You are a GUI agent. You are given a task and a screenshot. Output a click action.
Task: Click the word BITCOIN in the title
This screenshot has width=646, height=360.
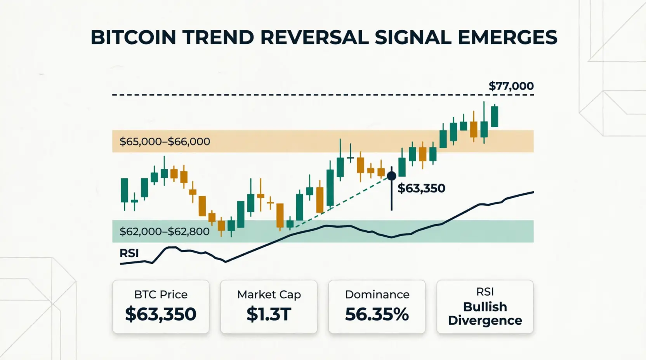pyautogui.click(x=133, y=37)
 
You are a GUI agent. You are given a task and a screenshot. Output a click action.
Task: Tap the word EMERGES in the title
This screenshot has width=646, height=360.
pyautogui.click(x=507, y=37)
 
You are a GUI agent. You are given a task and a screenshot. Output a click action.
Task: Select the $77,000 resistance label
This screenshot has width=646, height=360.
pyautogui.click(x=511, y=86)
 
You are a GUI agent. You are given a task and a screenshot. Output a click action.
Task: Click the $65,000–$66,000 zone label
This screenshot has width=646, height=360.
pyautogui.click(x=165, y=142)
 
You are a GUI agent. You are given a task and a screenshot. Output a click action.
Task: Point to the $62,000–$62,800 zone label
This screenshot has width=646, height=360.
pyautogui.click(x=164, y=232)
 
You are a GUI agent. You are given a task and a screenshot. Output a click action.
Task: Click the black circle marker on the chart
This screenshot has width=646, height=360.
pyautogui.click(x=391, y=175)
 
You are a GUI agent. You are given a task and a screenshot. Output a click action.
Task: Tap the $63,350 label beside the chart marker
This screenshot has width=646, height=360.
pyautogui.click(x=421, y=188)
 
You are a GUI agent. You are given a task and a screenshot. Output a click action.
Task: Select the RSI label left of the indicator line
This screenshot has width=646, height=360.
pyautogui.click(x=129, y=253)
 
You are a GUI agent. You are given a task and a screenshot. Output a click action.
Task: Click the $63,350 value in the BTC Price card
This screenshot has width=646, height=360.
pyautogui.click(x=161, y=314)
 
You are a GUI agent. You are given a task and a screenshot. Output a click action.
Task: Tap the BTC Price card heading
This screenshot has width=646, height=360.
pyautogui.click(x=161, y=294)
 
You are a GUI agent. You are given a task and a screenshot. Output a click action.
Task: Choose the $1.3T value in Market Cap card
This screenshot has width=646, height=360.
pyautogui.click(x=269, y=314)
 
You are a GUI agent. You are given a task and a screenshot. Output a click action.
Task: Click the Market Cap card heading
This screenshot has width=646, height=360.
pyautogui.click(x=269, y=294)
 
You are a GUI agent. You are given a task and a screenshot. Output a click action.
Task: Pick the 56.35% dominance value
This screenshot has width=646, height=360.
pyautogui.click(x=377, y=314)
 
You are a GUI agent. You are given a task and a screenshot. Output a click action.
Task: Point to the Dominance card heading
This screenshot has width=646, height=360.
pyautogui.click(x=377, y=294)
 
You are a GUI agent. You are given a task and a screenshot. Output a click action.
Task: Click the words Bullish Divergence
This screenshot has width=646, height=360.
pyautogui.click(x=485, y=313)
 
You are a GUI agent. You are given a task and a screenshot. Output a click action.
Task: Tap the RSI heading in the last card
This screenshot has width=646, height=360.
pyautogui.click(x=485, y=292)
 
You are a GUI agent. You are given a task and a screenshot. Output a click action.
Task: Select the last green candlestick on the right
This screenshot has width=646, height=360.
pyautogui.click(x=495, y=116)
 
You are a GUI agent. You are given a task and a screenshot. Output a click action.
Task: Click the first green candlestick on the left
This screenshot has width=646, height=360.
pyautogui.click(x=124, y=190)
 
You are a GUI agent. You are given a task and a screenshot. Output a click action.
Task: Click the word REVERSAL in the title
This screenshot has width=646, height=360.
pyautogui.click(x=314, y=37)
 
